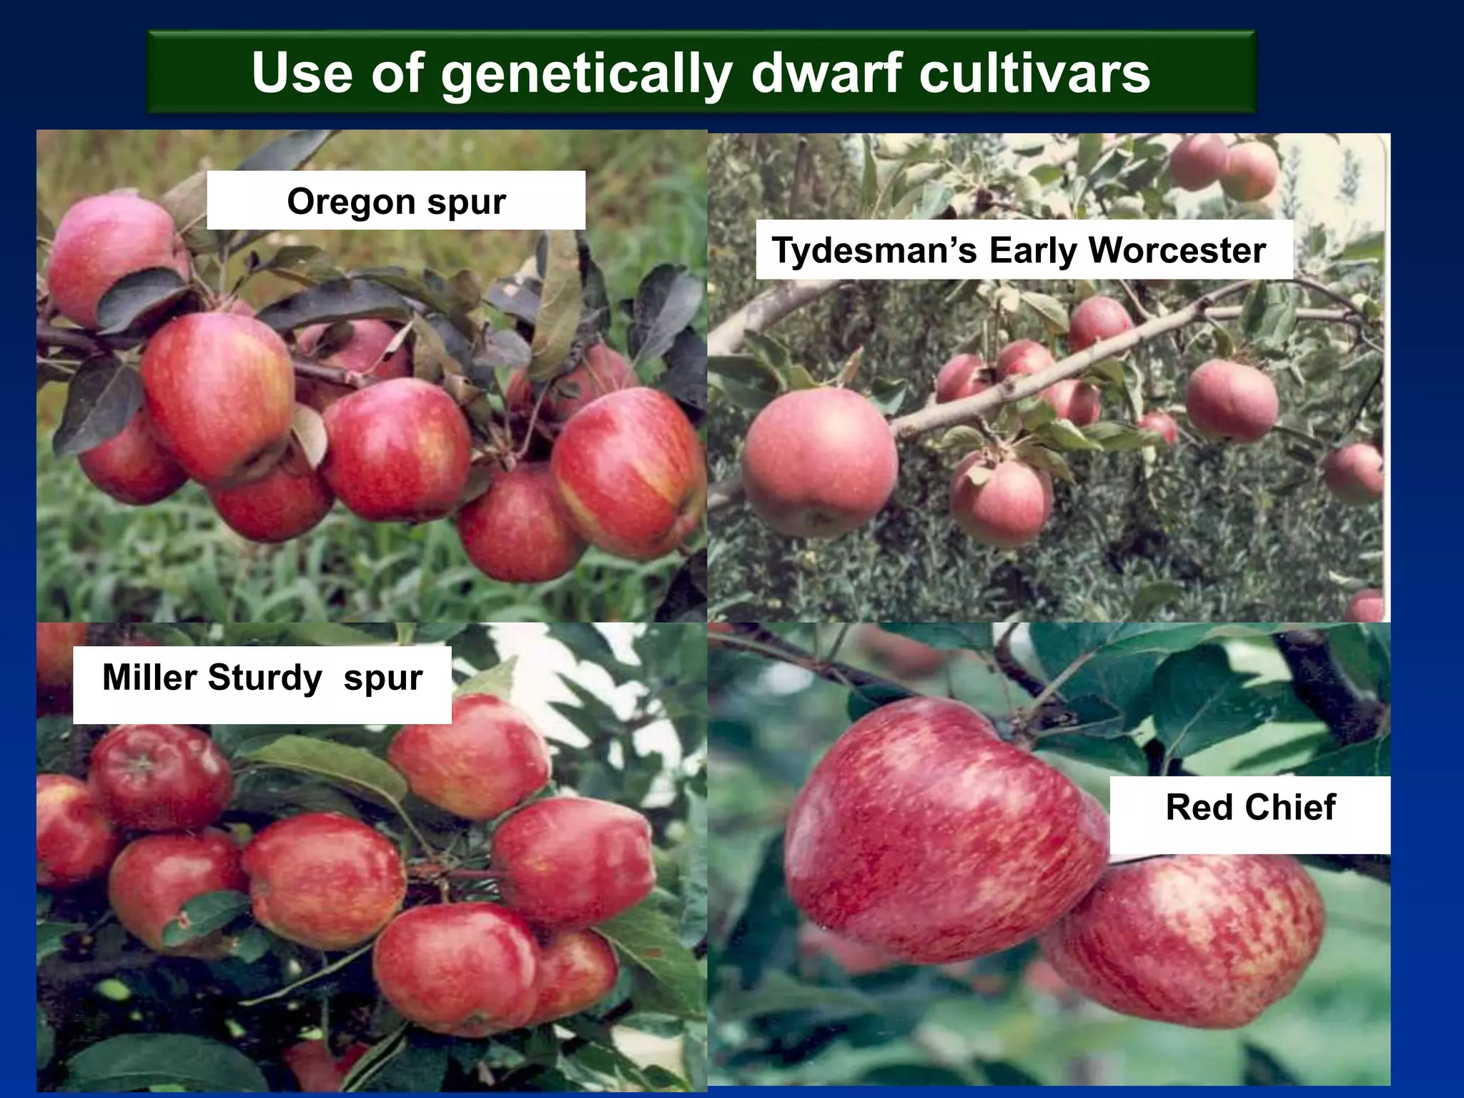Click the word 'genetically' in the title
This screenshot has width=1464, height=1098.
click(586, 74)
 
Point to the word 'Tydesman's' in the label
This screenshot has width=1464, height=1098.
click(874, 250)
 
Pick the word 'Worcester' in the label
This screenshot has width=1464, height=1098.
click(1177, 250)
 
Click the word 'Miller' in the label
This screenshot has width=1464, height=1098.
click(150, 677)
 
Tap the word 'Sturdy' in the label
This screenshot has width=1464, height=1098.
click(264, 677)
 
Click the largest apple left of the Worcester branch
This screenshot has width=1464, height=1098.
click(820, 461)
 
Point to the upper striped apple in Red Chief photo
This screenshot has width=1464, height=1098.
click(944, 829)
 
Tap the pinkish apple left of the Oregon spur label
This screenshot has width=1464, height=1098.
click(111, 257)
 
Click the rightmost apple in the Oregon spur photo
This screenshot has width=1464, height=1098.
click(629, 472)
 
